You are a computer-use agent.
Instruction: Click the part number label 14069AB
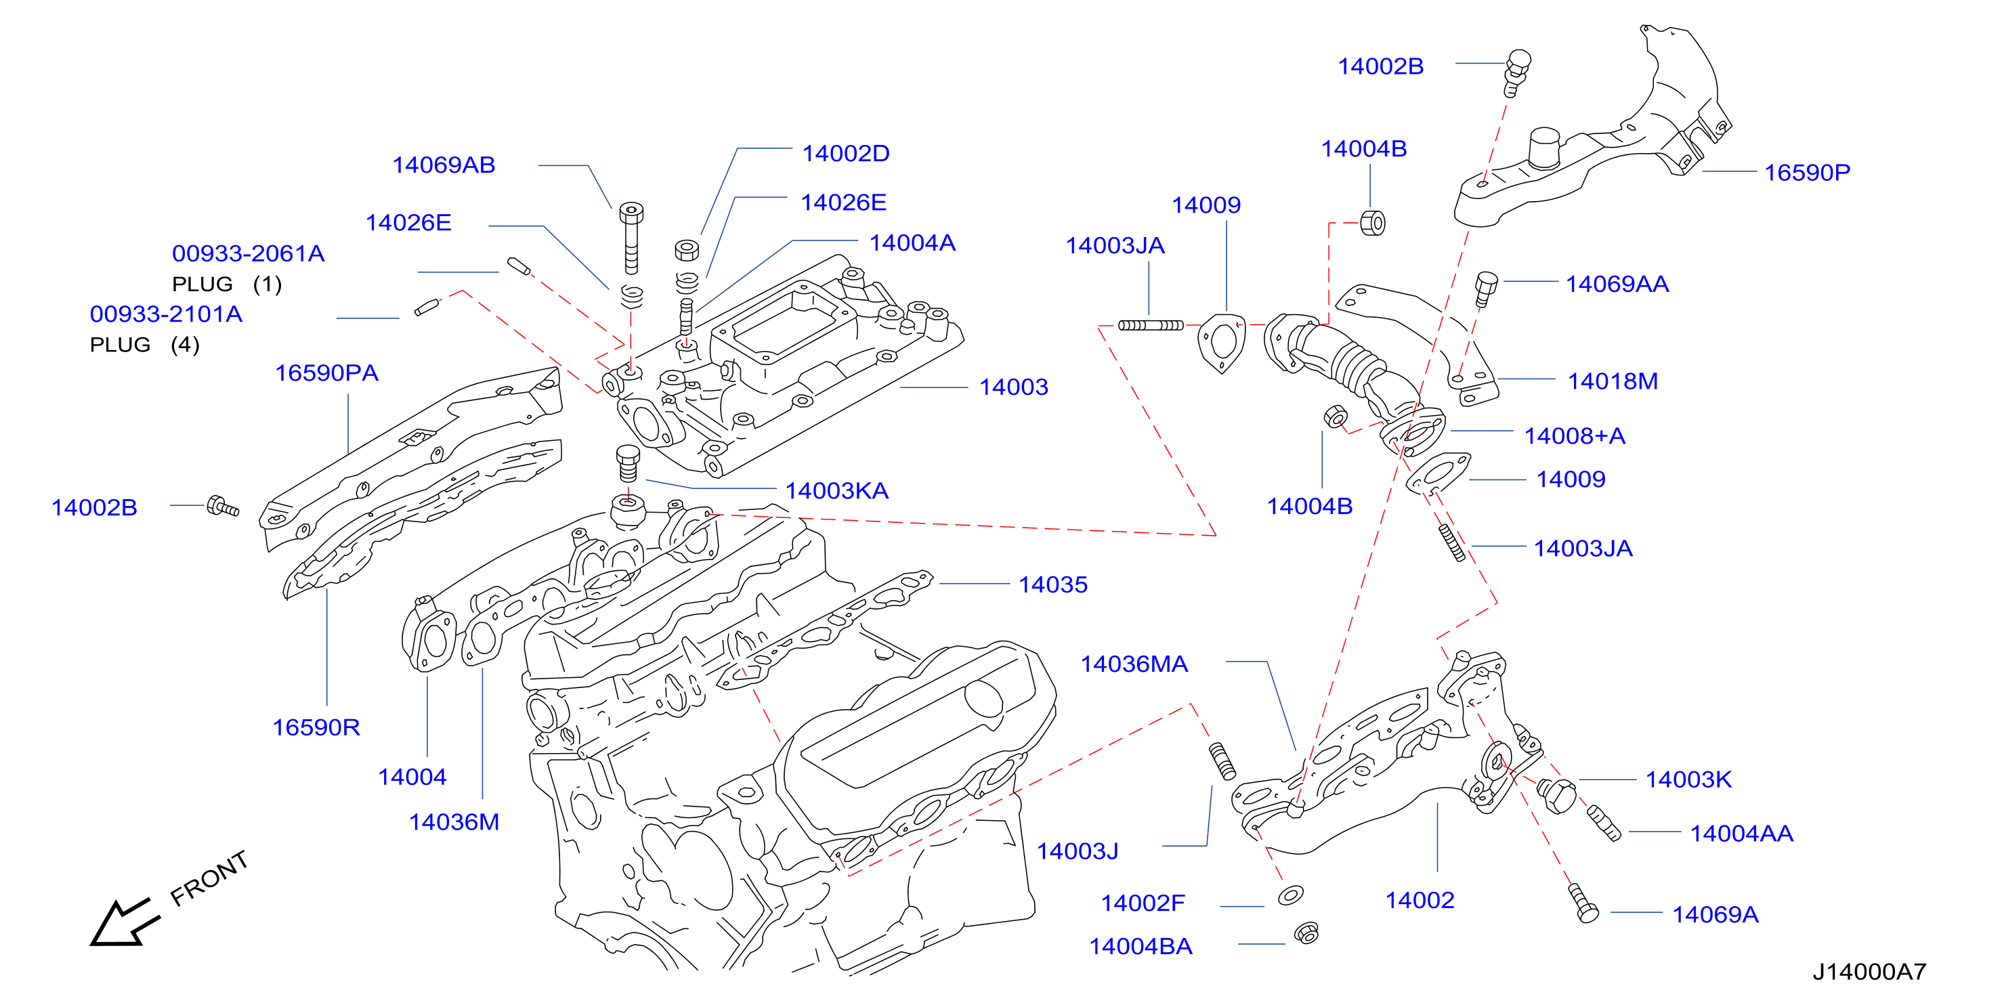pyautogui.click(x=444, y=165)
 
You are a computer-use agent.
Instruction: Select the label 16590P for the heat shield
pyautogui.click(x=1806, y=173)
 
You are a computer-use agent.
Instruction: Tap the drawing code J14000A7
pyautogui.click(x=1869, y=972)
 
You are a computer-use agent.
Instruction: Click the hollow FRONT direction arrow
pyautogui.click(x=125, y=922)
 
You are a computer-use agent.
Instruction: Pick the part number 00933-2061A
pyautogui.click(x=248, y=253)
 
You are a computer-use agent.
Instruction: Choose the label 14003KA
pyautogui.click(x=836, y=491)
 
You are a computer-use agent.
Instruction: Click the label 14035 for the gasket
pyautogui.click(x=1052, y=585)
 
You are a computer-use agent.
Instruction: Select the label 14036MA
pyautogui.click(x=1134, y=664)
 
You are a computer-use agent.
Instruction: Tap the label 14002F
pyautogui.click(x=1142, y=903)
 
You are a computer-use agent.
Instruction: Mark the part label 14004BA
pyautogui.click(x=1140, y=947)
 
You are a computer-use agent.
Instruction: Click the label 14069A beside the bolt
pyautogui.click(x=1715, y=915)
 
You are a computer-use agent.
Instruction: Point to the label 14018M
pyautogui.click(x=1613, y=381)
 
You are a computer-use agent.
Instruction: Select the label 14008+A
pyautogui.click(x=1575, y=436)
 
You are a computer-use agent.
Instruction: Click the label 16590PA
pyautogui.click(x=326, y=373)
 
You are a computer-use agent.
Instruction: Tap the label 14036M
pyautogui.click(x=454, y=822)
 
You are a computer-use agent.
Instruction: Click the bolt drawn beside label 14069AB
pyautogui.click(x=631, y=238)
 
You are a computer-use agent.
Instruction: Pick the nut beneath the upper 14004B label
pyautogui.click(x=1372, y=223)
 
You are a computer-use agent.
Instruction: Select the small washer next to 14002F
pyautogui.click(x=1291, y=895)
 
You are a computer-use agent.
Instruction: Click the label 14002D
pyautogui.click(x=846, y=154)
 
